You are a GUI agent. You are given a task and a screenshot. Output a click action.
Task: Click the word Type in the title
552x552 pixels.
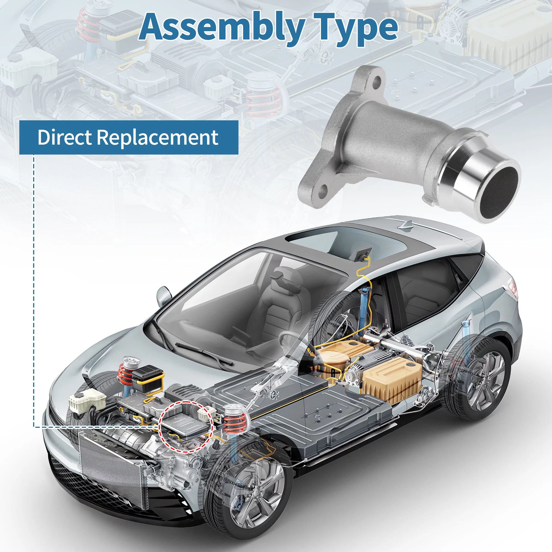(356, 29)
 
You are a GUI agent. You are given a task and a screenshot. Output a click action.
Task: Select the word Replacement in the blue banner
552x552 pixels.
(158, 138)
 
